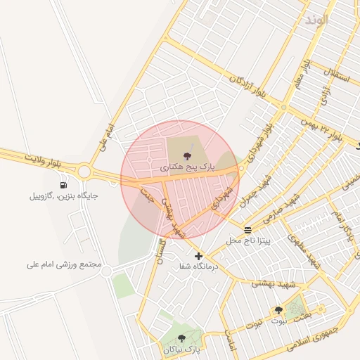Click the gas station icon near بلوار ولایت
[x=64, y=185]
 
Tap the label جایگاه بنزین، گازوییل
[x=63, y=196]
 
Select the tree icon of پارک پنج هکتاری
[x=187, y=156]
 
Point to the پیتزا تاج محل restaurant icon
[x=247, y=230]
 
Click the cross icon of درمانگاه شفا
[x=198, y=257]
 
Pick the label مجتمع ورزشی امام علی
[x=64, y=265]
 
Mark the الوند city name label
[x=317, y=19]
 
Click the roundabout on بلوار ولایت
[x=85, y=171]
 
